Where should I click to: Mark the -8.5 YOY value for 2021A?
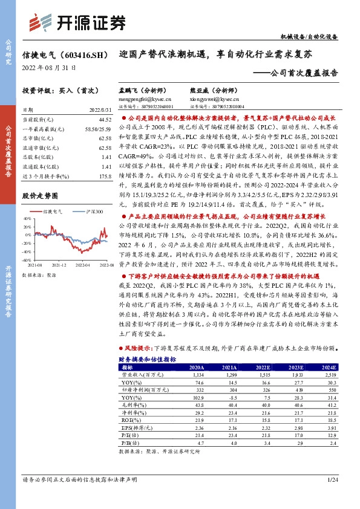tap(229, 398)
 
